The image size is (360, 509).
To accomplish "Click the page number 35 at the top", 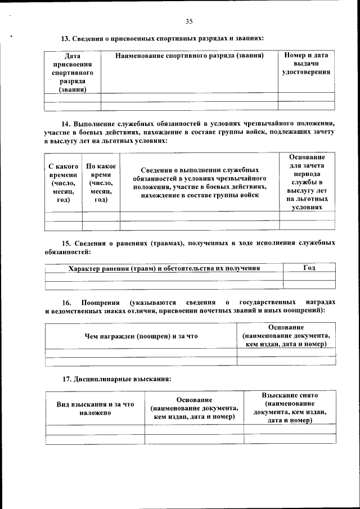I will [188, 21].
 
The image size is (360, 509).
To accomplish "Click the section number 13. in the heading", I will [66, 39].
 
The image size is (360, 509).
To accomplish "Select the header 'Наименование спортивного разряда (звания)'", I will [189, 56].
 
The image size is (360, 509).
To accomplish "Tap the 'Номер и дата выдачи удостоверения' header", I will [306, 64].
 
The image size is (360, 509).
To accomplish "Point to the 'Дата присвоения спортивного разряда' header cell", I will [72, 73].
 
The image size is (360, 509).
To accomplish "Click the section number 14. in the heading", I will [66, 123].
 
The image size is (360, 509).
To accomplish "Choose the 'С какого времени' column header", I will [63, 183].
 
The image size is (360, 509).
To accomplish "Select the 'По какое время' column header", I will [101, 183].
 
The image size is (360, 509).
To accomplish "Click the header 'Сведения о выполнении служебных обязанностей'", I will [199, 182].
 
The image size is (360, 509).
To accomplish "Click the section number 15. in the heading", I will [66, 243].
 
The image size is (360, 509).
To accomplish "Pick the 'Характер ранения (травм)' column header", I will [164, 268].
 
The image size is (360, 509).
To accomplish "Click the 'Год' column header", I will [309, 268].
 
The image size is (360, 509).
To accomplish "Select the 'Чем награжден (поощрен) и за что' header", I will [141, 336].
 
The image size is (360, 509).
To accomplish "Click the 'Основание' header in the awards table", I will [286, 327].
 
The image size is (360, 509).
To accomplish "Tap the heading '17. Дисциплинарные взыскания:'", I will [116, 379].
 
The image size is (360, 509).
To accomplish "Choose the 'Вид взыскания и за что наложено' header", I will [95, 408].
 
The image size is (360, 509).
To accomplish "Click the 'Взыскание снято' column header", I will [290, 397].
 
